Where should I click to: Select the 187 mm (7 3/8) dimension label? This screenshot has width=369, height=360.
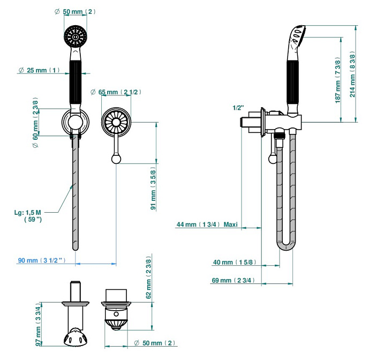pyautogui.click(x=338, y=80)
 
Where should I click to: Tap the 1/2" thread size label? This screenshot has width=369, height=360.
pyautogui.click(x=238, y=107)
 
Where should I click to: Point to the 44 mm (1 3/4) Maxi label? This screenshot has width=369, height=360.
pyautogui.click(x=207, y=224)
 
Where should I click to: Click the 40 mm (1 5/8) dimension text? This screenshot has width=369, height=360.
pyautogui.click(x=234, y=262)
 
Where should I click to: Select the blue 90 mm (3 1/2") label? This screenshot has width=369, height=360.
pyautogui.click(x=41, y=260)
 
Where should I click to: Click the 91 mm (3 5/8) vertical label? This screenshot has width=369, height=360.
pyautogui.click(x=153, y=189)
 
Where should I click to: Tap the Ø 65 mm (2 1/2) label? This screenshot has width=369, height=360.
pyautogui.click(x=116, y=92)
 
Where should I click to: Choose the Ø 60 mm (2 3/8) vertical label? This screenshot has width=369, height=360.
pyautogui.click(x=36, y=121)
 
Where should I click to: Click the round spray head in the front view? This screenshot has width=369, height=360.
pyautogui.click(x=76, y=36)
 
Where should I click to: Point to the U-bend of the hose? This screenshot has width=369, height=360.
pyautogui.click(x=286, y=247)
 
